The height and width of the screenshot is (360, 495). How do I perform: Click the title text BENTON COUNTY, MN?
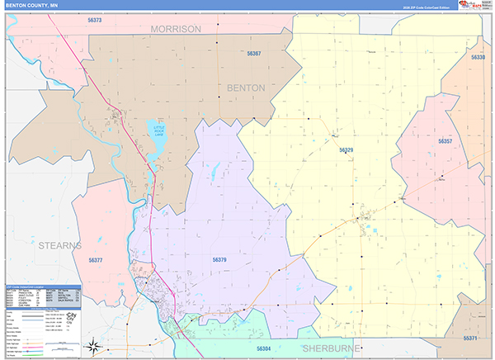(x=31, y=5)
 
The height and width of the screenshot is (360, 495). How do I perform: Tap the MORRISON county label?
(x=175, y=29)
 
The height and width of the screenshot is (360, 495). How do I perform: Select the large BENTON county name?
(x=245, y=87)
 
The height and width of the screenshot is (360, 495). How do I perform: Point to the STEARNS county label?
(x=59, y=245)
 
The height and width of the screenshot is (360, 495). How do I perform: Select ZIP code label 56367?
(x=254, y=54)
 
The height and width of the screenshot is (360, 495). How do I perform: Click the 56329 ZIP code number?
(x=346, y=150)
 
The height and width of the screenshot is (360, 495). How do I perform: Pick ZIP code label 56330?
(x=478, y=58)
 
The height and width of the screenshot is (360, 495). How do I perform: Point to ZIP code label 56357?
(x=445, y=142)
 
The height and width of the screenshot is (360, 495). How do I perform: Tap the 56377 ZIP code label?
(x=96, y=260)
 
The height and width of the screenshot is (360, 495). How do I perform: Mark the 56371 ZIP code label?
(x=470, y=339)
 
